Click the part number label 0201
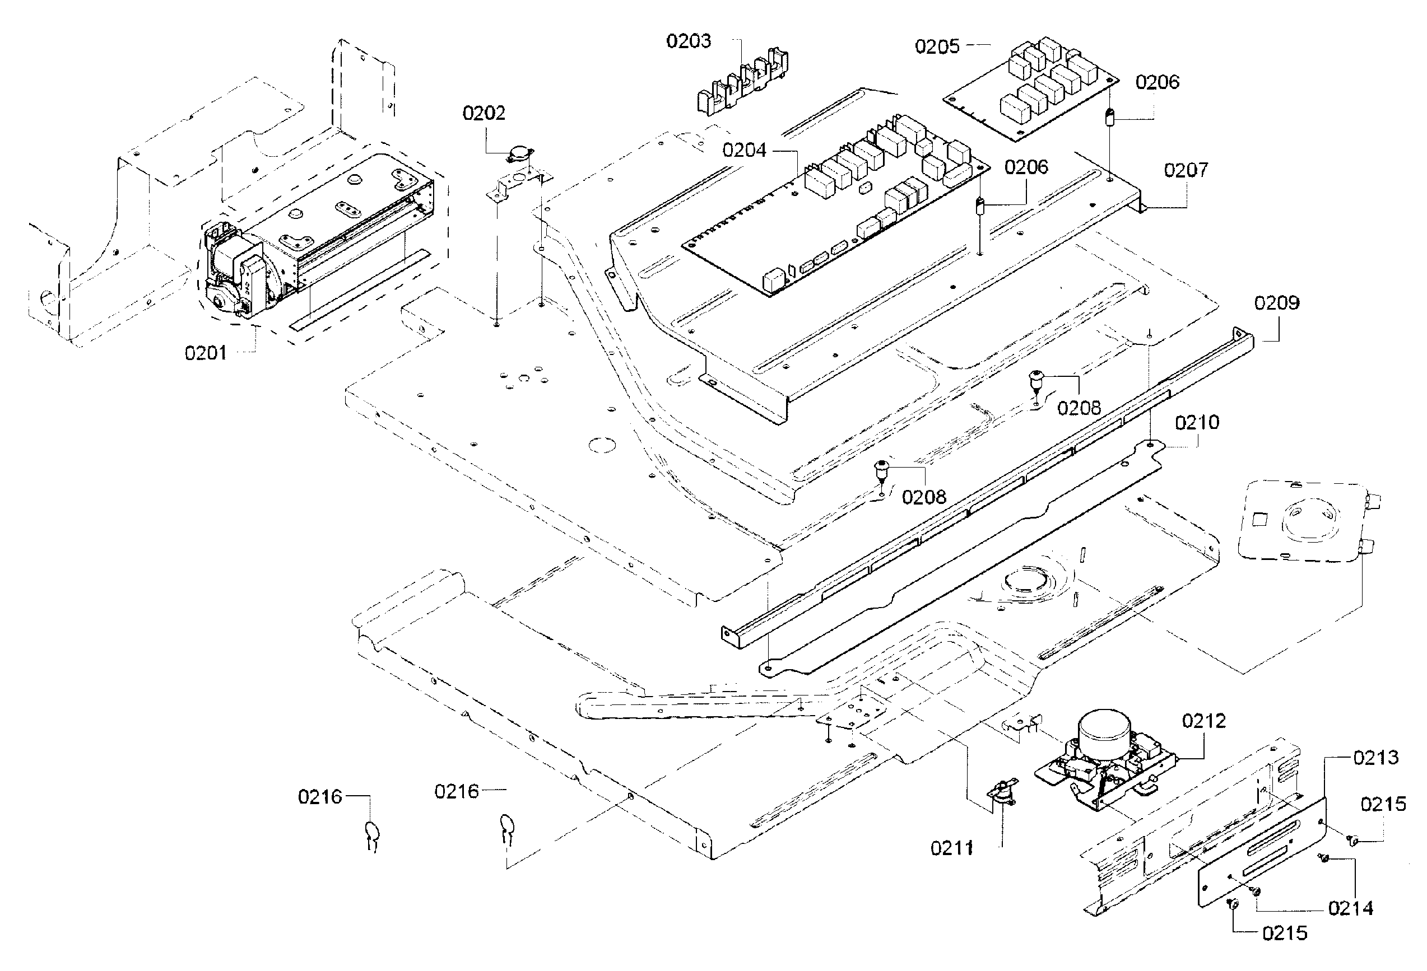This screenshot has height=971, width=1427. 206,353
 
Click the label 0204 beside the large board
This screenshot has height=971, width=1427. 744,151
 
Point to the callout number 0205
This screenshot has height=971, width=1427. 937,46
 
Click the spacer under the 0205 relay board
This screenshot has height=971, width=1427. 1110,116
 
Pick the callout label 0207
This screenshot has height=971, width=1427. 1186,170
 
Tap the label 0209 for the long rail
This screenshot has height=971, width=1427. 1276,302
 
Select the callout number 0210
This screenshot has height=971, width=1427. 1197,422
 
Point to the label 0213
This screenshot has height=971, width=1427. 1376,758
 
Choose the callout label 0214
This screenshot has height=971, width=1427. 1350,908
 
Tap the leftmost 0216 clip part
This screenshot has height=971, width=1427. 372,835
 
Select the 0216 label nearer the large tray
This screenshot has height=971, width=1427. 456,791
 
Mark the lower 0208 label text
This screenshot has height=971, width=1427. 923,497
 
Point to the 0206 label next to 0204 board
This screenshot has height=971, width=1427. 1026,167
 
